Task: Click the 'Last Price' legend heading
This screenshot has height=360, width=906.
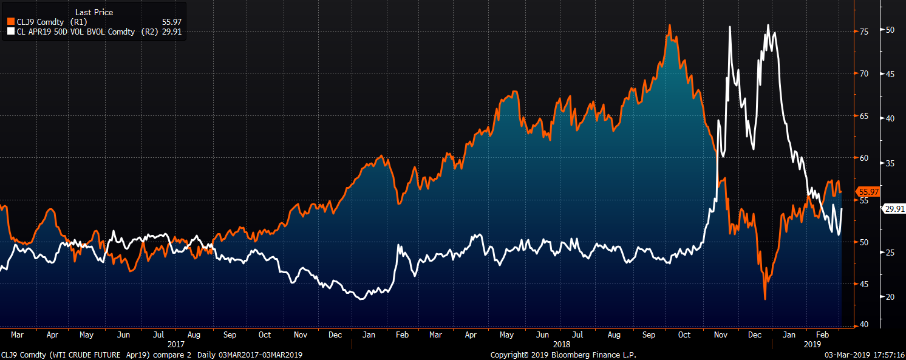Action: coord(94,12)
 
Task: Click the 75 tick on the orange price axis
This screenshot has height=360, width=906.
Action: coord(863,32)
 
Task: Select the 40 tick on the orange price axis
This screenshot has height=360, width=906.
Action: coord(863,325)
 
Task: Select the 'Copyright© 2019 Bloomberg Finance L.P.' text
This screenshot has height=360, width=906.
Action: coord(564,355)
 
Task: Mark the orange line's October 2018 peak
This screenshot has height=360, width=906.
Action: coord(669,25)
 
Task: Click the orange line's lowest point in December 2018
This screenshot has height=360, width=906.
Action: coord(765,299)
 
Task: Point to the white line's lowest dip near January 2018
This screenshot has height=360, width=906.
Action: coord(362,299)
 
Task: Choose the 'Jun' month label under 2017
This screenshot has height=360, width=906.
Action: coord(123,335)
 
